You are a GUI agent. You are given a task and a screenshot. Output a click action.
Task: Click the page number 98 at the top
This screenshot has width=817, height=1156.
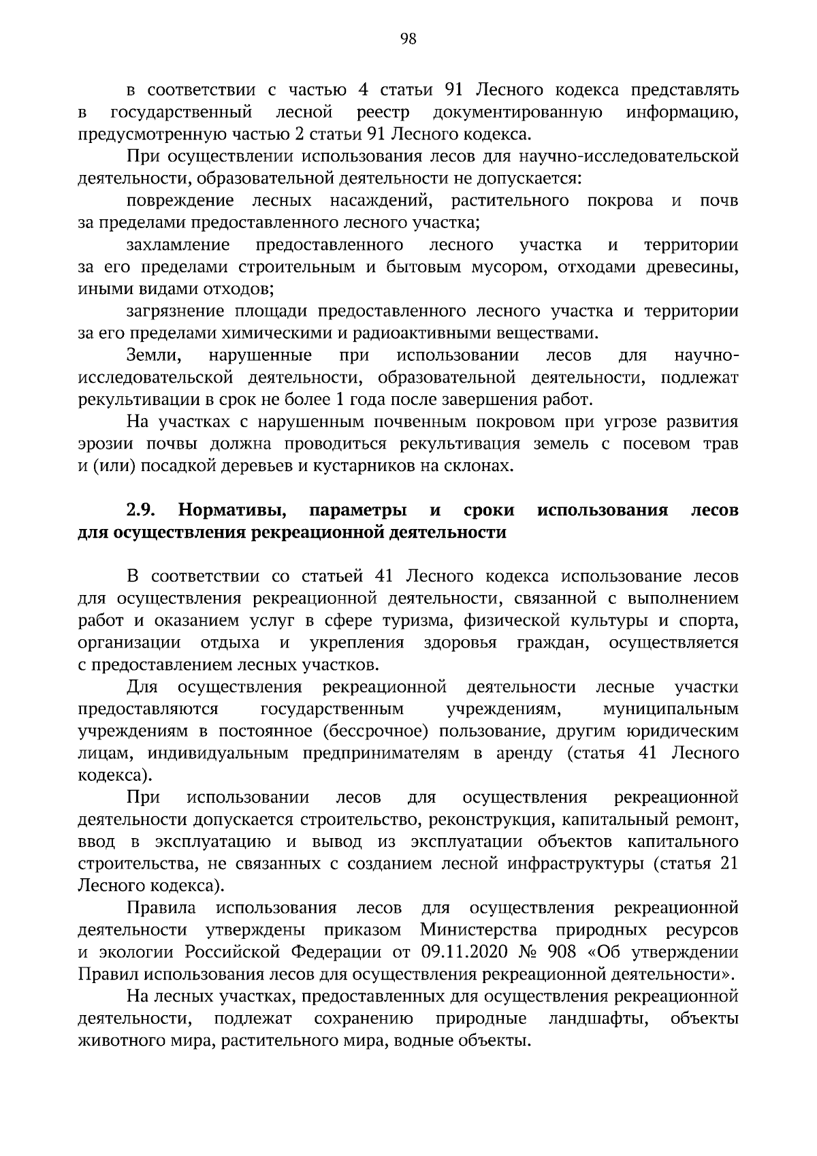(x=408, y=39)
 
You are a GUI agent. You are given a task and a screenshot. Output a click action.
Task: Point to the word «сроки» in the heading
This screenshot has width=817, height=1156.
(x=489, y=510)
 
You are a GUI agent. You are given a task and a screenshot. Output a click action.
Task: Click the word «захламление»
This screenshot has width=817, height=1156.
(x=178, y=244)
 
